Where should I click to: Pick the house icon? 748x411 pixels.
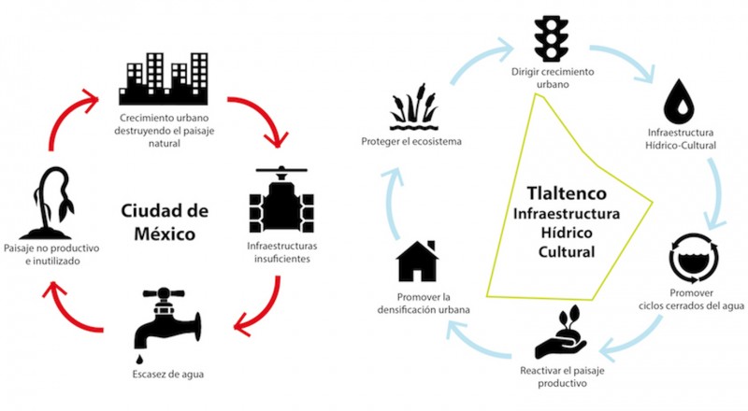click(x=417, y=261)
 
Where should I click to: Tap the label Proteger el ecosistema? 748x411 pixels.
click(x=412, y=142)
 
